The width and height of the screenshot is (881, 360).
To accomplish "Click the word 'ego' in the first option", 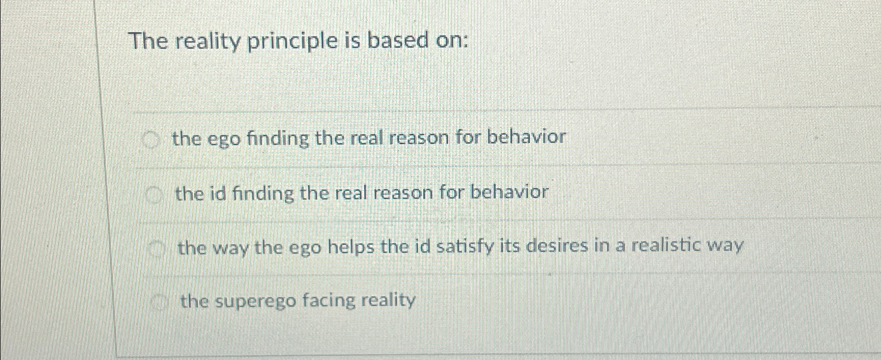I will (225, 140).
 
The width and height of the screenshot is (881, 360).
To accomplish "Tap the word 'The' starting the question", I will (148, 40).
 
